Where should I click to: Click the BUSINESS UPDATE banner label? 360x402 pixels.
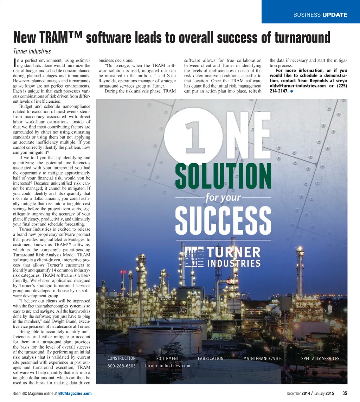pos(320,15)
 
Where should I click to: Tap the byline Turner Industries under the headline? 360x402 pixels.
pos(32,51)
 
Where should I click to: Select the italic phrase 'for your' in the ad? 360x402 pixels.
pos(223,198)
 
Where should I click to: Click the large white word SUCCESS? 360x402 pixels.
pos(223,221)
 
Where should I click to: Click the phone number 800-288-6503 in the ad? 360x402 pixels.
pos(121,366)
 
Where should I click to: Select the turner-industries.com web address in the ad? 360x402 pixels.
pos(167,365)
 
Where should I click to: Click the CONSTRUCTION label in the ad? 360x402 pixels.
pos(121,358)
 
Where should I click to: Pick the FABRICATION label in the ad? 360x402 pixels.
pos(211,358)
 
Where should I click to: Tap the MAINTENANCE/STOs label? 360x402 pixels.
pos(262,359)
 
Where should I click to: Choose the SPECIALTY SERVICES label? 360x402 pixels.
pos(320,359)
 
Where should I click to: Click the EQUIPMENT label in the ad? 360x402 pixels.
pos(167,359)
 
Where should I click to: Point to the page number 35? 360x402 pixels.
pos(345,393)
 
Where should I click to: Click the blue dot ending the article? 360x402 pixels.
pos(292,91)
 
